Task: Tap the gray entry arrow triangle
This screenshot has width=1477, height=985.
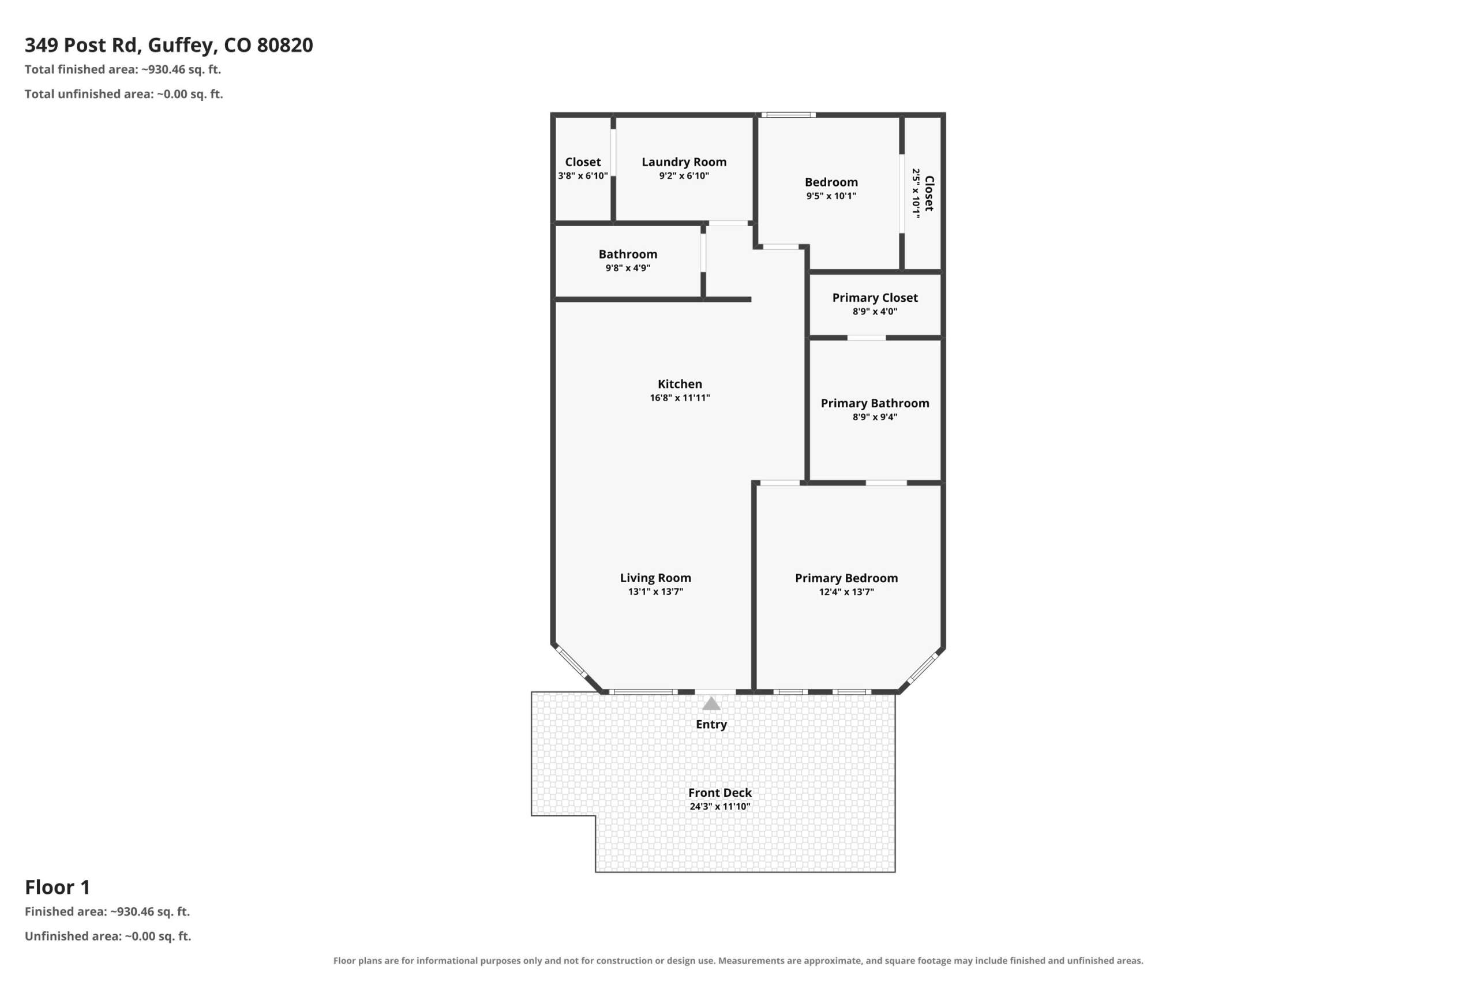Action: pyautogui.click(x=711, y=703)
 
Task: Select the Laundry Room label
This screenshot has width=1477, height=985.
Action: pyautogui.click(x=684, y=162)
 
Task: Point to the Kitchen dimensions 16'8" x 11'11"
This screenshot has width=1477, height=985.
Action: pyautogui.click(x=680, y=398)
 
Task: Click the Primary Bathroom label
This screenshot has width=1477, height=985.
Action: pyautogui.click(x=875, y=403)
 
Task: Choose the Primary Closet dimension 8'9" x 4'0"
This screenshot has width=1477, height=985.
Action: pyautogui.click(x=875, y=312)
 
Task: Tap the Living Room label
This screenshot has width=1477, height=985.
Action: pyautogui.click(x=655, y=578)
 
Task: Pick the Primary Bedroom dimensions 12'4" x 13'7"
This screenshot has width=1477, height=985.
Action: pyautogui.click(x=846, y=592)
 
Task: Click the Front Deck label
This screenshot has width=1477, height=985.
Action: pyautogui.click(x=719, y=793)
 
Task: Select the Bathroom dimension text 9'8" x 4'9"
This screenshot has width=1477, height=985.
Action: pyautogui.click(x=628, y=268)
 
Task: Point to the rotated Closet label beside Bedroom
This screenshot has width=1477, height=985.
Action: pyautogui.click(x=929, y=193)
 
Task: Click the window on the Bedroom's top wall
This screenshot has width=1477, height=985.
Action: pyautogui.click(x=788, y=115)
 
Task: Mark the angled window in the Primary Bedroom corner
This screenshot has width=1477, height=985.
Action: pyautogui.click(x=923, y=668)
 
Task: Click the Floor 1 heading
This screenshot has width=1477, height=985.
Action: pyautogui.click(x=58, y=887)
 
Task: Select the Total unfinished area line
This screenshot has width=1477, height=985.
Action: pyautogui.click(x=123, y=94)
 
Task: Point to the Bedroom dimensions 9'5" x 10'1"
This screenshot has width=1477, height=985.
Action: pyautogui.click(x=831, y=196)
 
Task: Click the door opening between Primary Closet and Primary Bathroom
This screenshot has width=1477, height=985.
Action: pyautogui.click(x=867, y=338)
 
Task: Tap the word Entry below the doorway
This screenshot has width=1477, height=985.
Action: pyautogui.click(x=711, y=724)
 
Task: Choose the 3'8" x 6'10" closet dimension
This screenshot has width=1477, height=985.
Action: pyautogui.click(x=583, y=176)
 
